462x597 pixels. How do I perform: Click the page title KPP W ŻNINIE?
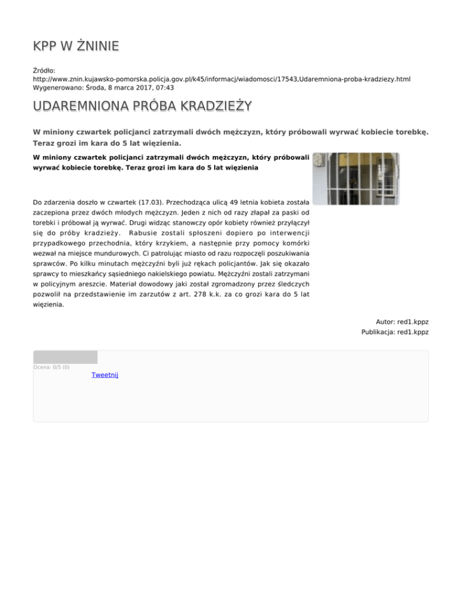[x=76, y=46]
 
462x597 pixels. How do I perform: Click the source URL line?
[x=221, y=79]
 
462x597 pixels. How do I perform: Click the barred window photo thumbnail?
[x=356, y=178]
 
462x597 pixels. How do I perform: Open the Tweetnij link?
[x=105, y=375]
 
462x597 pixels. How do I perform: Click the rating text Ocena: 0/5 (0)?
[x=52, y=367]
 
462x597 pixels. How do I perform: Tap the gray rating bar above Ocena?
[x=65, y=357]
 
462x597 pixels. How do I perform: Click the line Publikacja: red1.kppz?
[x=395, y=332]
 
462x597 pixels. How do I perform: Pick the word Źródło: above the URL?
[x=45, y=70]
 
